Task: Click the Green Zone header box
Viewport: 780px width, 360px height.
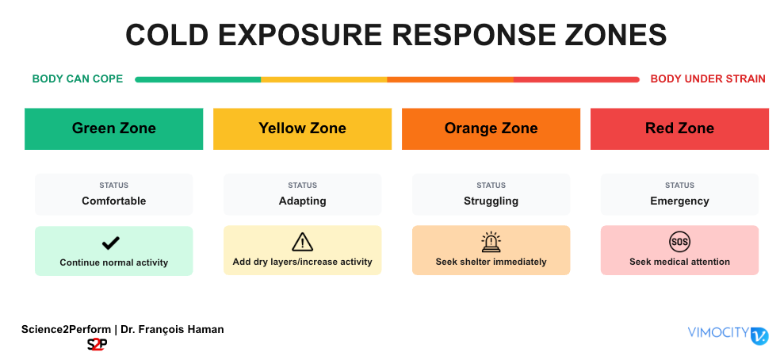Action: [114, 128]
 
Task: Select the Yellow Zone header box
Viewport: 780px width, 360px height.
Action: [303, 128]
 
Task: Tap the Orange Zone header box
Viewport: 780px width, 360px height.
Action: [491, 128]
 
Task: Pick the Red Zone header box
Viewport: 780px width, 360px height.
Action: [679, 128]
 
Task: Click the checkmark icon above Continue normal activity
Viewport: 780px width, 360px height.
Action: [110, 243]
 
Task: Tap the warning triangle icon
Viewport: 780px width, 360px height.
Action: [303, 243]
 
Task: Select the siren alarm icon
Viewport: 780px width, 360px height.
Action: [491, 242]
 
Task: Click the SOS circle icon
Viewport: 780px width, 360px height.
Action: [679, 243]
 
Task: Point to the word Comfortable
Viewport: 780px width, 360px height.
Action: [114, 201]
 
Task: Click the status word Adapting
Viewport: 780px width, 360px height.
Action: [303, 201]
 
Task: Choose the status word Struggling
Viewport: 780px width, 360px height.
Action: [491, 201]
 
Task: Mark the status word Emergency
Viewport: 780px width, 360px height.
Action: [679, 201]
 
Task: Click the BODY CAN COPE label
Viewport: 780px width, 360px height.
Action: [78, 79]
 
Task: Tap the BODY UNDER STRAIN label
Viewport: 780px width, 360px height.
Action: [708, 79]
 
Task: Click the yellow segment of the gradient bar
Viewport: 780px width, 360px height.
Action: [324, 79]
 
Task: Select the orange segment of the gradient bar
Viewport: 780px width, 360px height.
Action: [450, 79]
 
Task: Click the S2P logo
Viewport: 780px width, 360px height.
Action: [97, 345]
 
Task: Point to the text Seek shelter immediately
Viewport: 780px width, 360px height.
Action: [491, 262]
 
